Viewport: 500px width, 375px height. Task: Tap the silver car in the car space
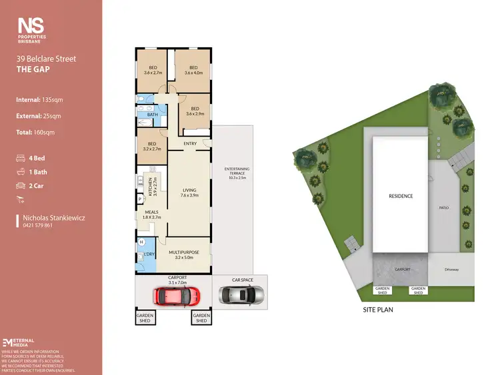241,294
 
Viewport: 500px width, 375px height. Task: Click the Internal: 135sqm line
39,99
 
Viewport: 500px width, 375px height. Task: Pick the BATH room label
153,115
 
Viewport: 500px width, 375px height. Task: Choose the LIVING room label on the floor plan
190,192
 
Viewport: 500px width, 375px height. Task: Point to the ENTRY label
191,144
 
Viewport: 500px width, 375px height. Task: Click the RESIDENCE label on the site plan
401,196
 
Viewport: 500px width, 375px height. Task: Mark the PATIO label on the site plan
444,208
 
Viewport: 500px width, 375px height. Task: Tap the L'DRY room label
150,254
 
